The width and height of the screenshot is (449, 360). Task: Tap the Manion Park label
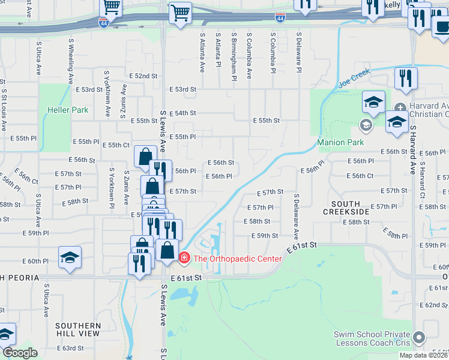(x=340, y=143)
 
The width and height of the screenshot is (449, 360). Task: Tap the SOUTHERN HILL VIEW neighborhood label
(x=77, y=329)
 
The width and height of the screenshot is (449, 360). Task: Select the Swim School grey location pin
(x=418, y=339)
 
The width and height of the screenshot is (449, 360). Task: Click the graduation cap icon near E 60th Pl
(x=70, y=257)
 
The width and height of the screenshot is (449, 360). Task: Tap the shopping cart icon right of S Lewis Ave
(x=179, y=12)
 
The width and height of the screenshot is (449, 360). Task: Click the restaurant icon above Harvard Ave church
(x=406, y=78)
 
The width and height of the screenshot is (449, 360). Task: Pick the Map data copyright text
(x=423, y=355)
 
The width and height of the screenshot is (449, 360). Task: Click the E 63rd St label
(x=70, y=348)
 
